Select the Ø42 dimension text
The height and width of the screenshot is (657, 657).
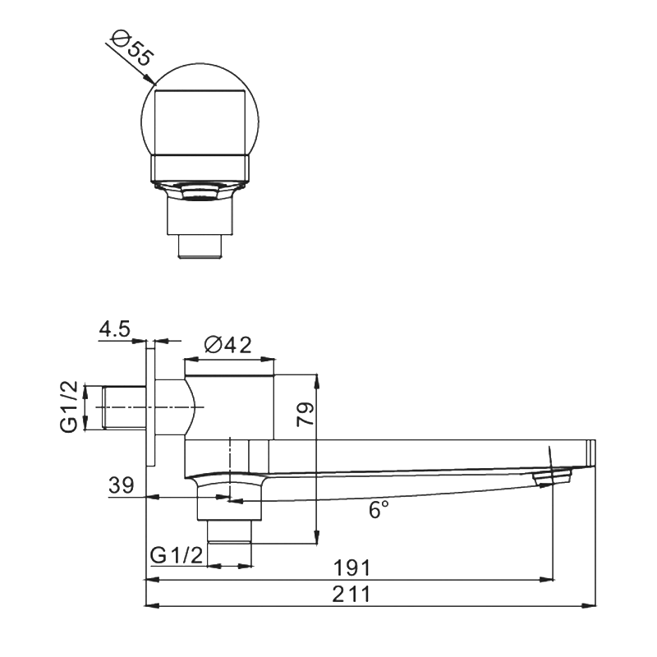pyautogui.click(x=227, y=346)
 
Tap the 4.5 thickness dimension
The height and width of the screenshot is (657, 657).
pyautogui.click(x=114, y=329)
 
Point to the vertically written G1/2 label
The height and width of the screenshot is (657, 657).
pyautogui.click(x=71, y=407)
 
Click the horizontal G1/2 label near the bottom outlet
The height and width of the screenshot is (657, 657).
pyautogui.click(x=177, y=555)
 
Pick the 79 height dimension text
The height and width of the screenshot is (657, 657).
pyautogui.click(x=305, y=413)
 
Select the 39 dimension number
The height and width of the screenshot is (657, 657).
pyautogui.click(x=122, y=485)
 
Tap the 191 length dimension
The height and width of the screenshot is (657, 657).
pyautogui.click(x=354, y=568)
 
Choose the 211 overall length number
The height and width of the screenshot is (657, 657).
pyautogui.click(x=354, y=595)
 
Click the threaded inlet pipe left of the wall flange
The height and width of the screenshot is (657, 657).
pyautogui.click(x=122, y=407)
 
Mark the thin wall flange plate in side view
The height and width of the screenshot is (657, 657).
pyautogui.click(x=150, y=407)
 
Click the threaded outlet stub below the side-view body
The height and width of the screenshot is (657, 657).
pyautogui.click(x=229, y=531)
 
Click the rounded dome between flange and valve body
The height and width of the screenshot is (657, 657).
pyautogui.click(x=190, y=407)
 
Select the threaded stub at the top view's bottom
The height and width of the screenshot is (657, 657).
pyautogui.click(x=200, y=246)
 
